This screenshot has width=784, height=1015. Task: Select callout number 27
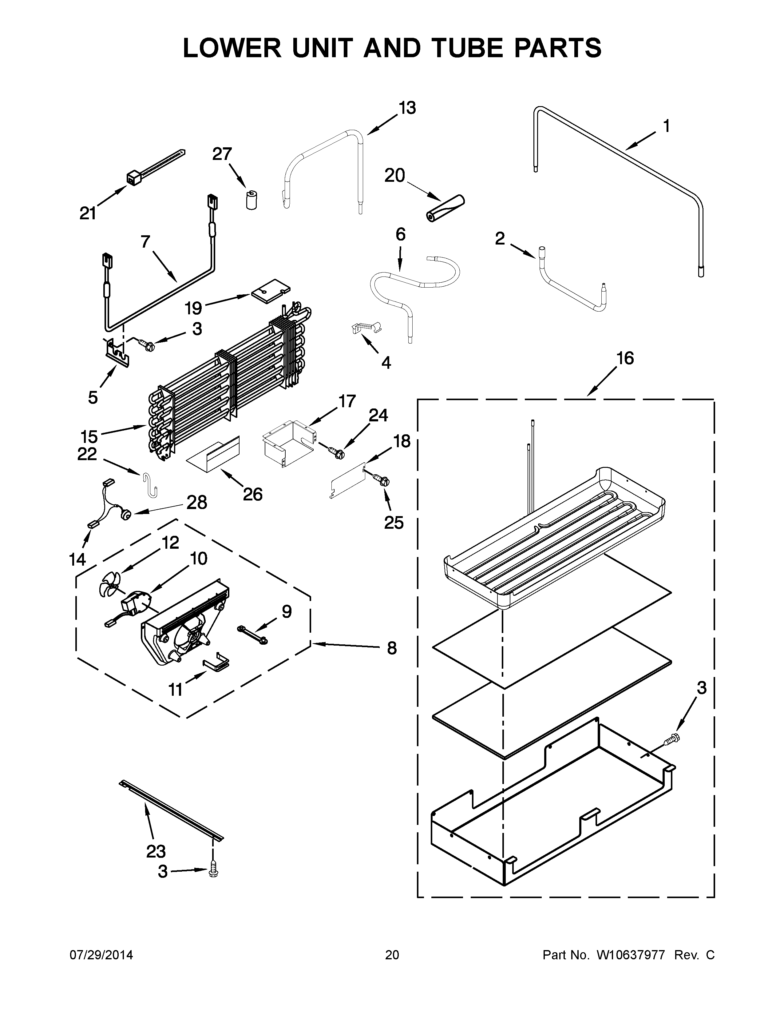pos(222,153)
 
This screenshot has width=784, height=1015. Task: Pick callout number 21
pos(88,213)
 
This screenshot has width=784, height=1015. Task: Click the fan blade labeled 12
pos(110,582)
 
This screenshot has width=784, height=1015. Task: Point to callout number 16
pos(625,358)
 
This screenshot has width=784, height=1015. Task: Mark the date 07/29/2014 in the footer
pos(101,955)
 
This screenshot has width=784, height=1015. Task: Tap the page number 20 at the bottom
pos(392,955)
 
